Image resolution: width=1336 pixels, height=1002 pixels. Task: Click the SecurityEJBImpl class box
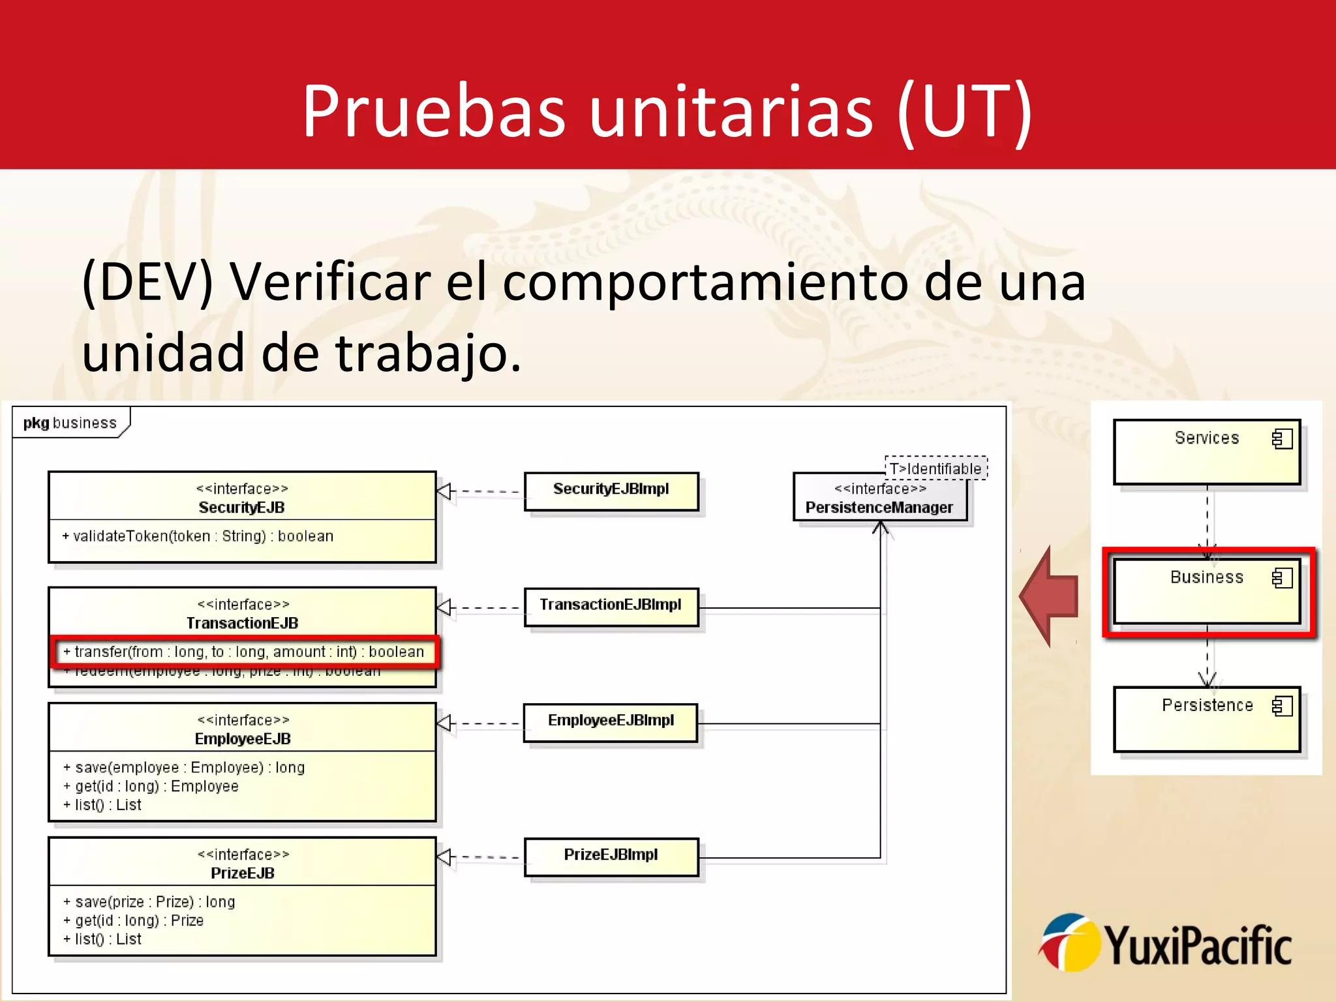click(611, 491)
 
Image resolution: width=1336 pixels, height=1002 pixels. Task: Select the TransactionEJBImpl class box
click(611, 606)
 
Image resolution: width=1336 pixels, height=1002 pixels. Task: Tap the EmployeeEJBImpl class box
click(611, 721)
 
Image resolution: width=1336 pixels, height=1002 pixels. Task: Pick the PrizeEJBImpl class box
click(611, 856)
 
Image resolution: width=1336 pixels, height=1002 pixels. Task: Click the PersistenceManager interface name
click(879, 508)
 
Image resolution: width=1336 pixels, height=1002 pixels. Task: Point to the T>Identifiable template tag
click(935, 468)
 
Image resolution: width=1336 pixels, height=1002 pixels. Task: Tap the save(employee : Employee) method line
click(185, 768)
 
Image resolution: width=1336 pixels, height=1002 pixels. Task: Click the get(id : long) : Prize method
click(134, 920)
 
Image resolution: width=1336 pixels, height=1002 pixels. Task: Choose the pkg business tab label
click(70, 423)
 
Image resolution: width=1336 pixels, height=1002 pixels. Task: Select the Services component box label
click(1206, 438)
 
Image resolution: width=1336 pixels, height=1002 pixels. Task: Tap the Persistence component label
click(1207, 705)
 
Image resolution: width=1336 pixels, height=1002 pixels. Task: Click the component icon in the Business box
click(1281, 578)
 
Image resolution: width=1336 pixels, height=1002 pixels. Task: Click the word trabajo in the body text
click(427, 353)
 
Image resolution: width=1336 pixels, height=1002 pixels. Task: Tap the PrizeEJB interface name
click(243, 873)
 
